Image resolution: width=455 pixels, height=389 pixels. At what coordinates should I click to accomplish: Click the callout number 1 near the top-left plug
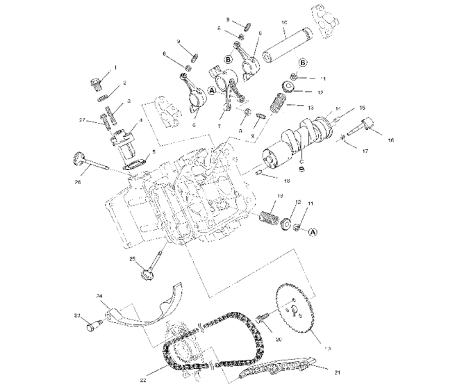(x=115, y=68)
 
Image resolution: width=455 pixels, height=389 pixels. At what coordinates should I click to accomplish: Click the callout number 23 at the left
(x=76, y=316)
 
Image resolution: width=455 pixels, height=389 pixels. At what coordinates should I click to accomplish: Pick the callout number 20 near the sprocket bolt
(x=278, y=340)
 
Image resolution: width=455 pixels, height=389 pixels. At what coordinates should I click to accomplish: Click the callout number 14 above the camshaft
(x=338, y=109)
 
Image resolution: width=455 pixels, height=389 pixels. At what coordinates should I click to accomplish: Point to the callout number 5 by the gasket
(x=154, y=151)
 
